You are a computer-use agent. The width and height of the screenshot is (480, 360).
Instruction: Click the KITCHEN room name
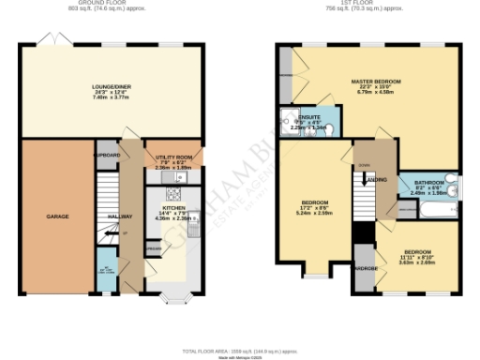(x=173, y=208)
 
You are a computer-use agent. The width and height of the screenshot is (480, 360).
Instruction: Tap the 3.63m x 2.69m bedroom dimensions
(x=417, y=262)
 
